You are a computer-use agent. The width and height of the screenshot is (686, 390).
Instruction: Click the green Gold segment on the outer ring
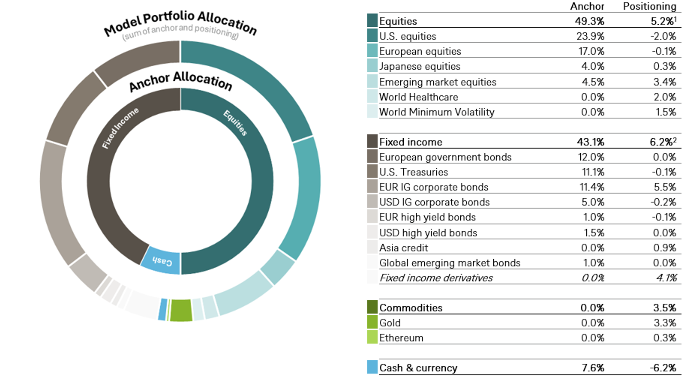[x=181, y=310]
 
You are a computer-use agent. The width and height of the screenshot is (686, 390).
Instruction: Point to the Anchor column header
[x=587, y=6]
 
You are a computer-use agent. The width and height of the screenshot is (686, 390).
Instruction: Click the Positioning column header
[x=650, y=6]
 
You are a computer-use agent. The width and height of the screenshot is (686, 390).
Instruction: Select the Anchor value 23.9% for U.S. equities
[x=590, y=36]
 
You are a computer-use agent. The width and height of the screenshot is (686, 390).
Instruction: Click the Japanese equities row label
[x=420, y=66]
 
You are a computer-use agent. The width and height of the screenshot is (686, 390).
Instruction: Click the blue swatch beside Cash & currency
[x=372, y=367]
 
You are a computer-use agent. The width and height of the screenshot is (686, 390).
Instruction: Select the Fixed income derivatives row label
[x=436, y=278]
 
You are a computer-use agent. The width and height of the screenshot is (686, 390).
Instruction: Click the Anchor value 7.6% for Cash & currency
[x=593, y=368]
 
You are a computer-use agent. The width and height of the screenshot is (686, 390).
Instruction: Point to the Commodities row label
[x=411, y=308]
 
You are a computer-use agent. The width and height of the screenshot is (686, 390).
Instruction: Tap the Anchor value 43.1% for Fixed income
[x=590, y=142]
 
